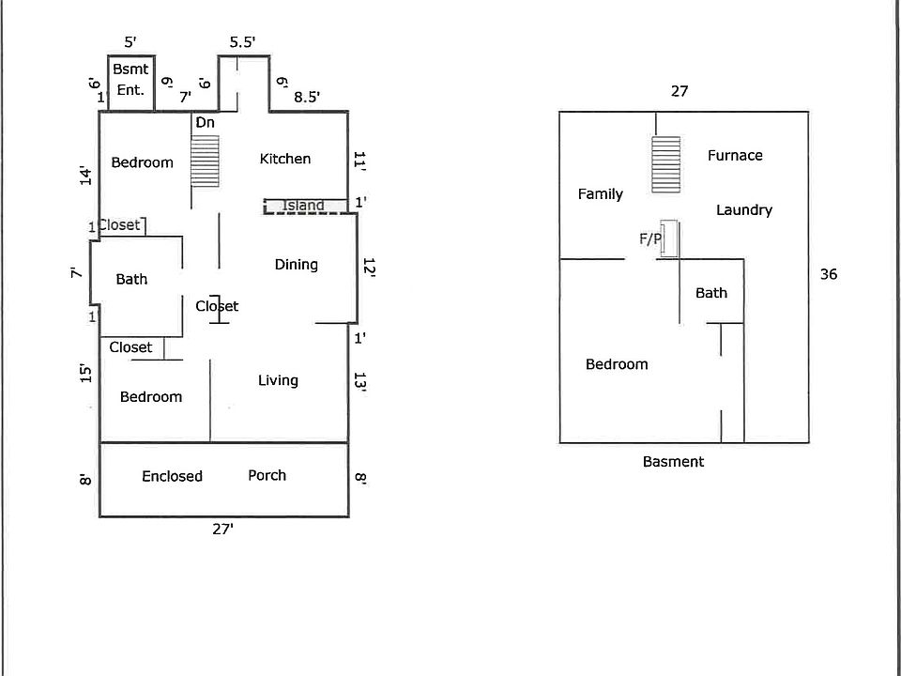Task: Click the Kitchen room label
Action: click(x=284, y=159)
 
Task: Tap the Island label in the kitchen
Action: click(x=303, y=206)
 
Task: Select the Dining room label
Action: click(x=296, y=265)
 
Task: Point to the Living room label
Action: click(x=278, y=380)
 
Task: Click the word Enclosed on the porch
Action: click(x=172, y=476)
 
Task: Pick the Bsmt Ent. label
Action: click(x=130, y=80)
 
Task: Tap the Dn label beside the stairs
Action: click(x=205, y=123)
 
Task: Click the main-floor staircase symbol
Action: click(x=205, y=161)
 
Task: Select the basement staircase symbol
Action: click(x=665, y=165)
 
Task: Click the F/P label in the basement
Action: click(x=650, y=239)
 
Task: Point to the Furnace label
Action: click(x=735, y=156)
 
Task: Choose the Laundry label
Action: click(x=743, y=210)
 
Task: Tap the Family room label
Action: click(x=600, y=194)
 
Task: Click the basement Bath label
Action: click(x=710, y=293)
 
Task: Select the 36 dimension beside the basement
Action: click(x=828, y=274)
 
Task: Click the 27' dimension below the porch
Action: click(x=222, y=529)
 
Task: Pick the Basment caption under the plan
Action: click(x=673, y=462)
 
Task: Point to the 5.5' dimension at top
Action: click(x=243, y=42)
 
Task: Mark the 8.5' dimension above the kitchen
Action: click(x=307, y=97)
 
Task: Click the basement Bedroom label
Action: click(x=617, y=364)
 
